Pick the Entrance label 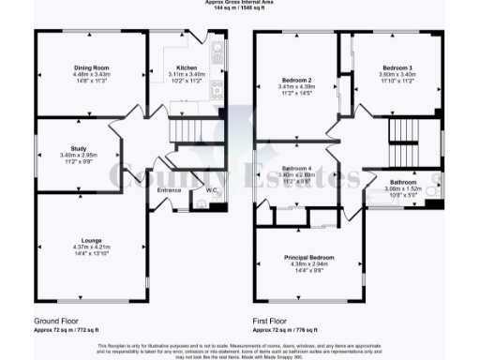pyautogui.click(x=170, y=191)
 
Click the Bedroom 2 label pyautogui.click(x=298, y=80)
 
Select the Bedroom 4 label pyautogui.click(x=297, y=167)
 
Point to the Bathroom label pyautogui.click(x=410, y=181)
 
